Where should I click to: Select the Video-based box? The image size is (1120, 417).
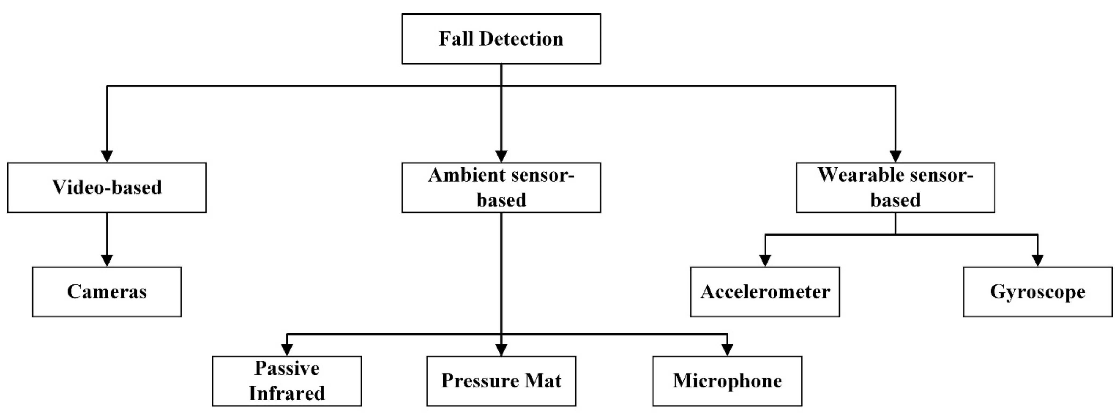coord(107,188)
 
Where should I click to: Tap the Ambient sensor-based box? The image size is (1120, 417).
coord(501,188)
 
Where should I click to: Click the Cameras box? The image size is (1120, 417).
coord(107,292)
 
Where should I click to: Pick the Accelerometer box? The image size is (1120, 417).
coord(765,292)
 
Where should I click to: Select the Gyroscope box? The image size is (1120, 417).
coord(1037,292)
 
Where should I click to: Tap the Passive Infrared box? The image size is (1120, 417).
coord(286,381)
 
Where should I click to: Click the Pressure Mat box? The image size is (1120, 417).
coord(501,381)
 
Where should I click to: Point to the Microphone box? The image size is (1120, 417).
coord(727,381)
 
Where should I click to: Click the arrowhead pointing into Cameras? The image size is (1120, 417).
coord(107,260)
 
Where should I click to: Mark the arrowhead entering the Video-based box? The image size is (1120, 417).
coord(107,156)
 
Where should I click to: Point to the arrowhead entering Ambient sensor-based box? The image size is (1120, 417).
coord(501,156)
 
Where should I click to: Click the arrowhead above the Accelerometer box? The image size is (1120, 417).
coord(765,260)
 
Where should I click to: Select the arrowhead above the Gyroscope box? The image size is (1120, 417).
coord(1037,260)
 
